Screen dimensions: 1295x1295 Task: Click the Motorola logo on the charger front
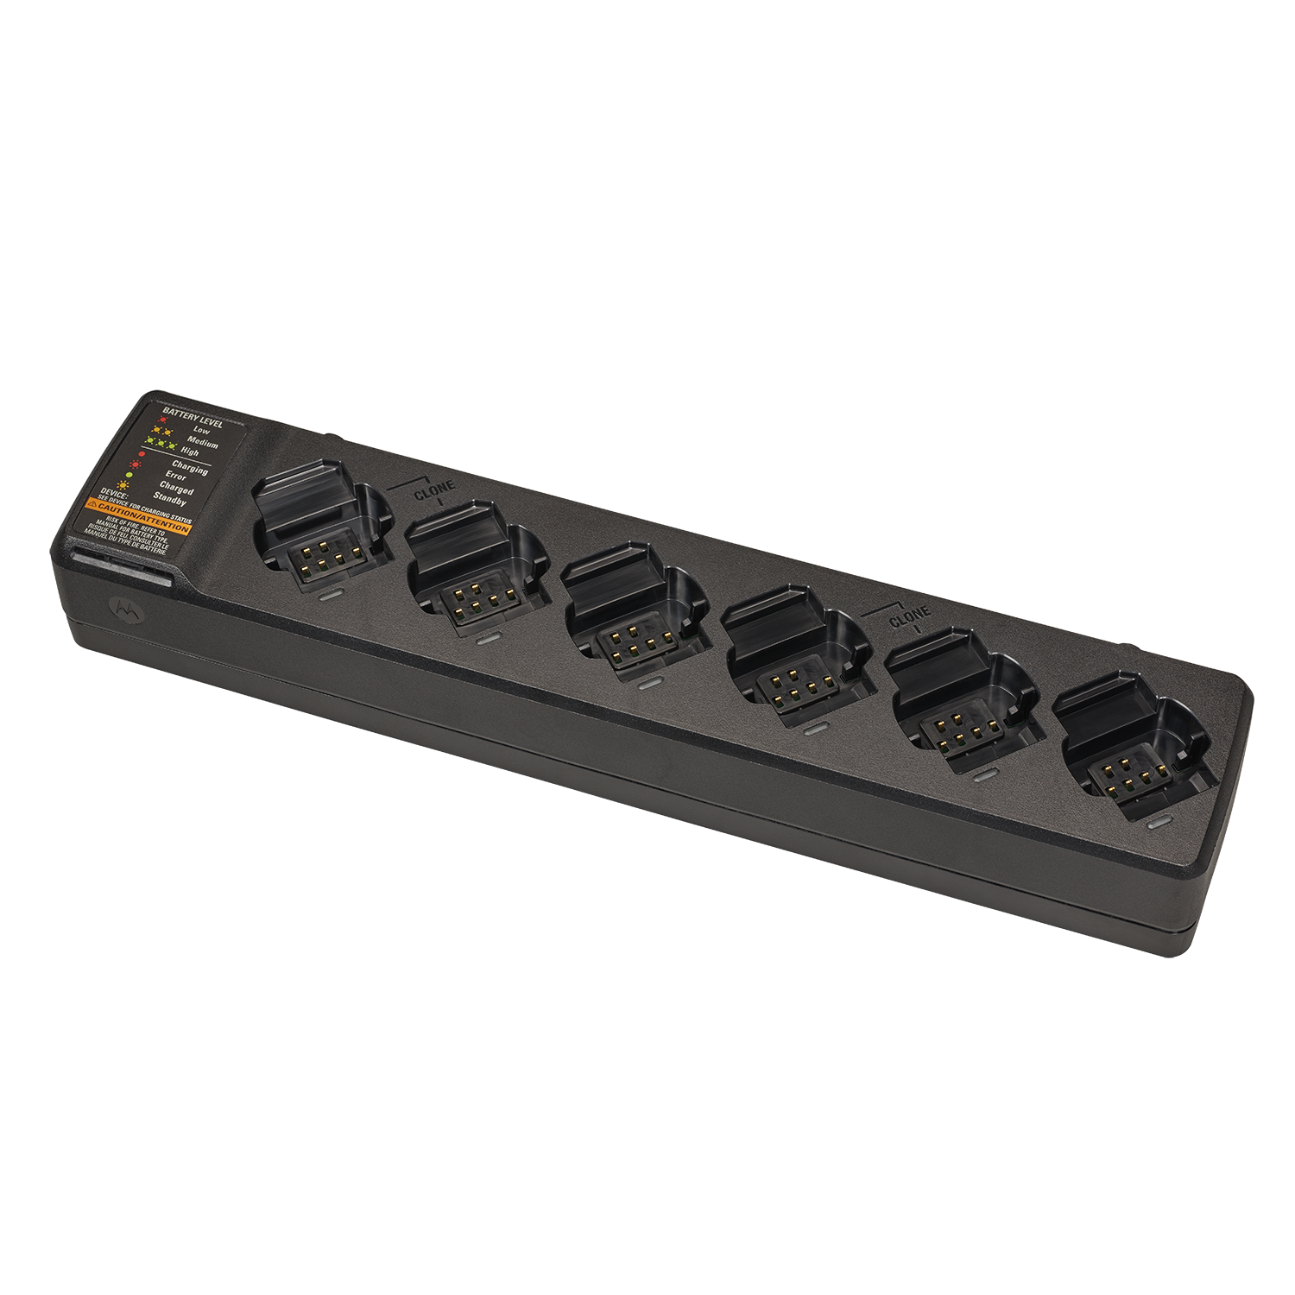tap(126, 607)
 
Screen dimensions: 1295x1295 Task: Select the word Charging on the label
tap(189, 467)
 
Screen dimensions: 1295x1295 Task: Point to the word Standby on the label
tap(170, 499)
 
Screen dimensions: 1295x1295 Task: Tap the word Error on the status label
tap(175, 477)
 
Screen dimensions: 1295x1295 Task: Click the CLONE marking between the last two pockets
tap(909, 617)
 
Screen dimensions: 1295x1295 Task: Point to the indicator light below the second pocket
tap(489, 640)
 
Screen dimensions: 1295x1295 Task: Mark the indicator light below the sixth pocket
tap(1161, 824)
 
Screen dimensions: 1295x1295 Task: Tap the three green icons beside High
tap(161, 446)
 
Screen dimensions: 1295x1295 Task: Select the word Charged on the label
tap(176, 489)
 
